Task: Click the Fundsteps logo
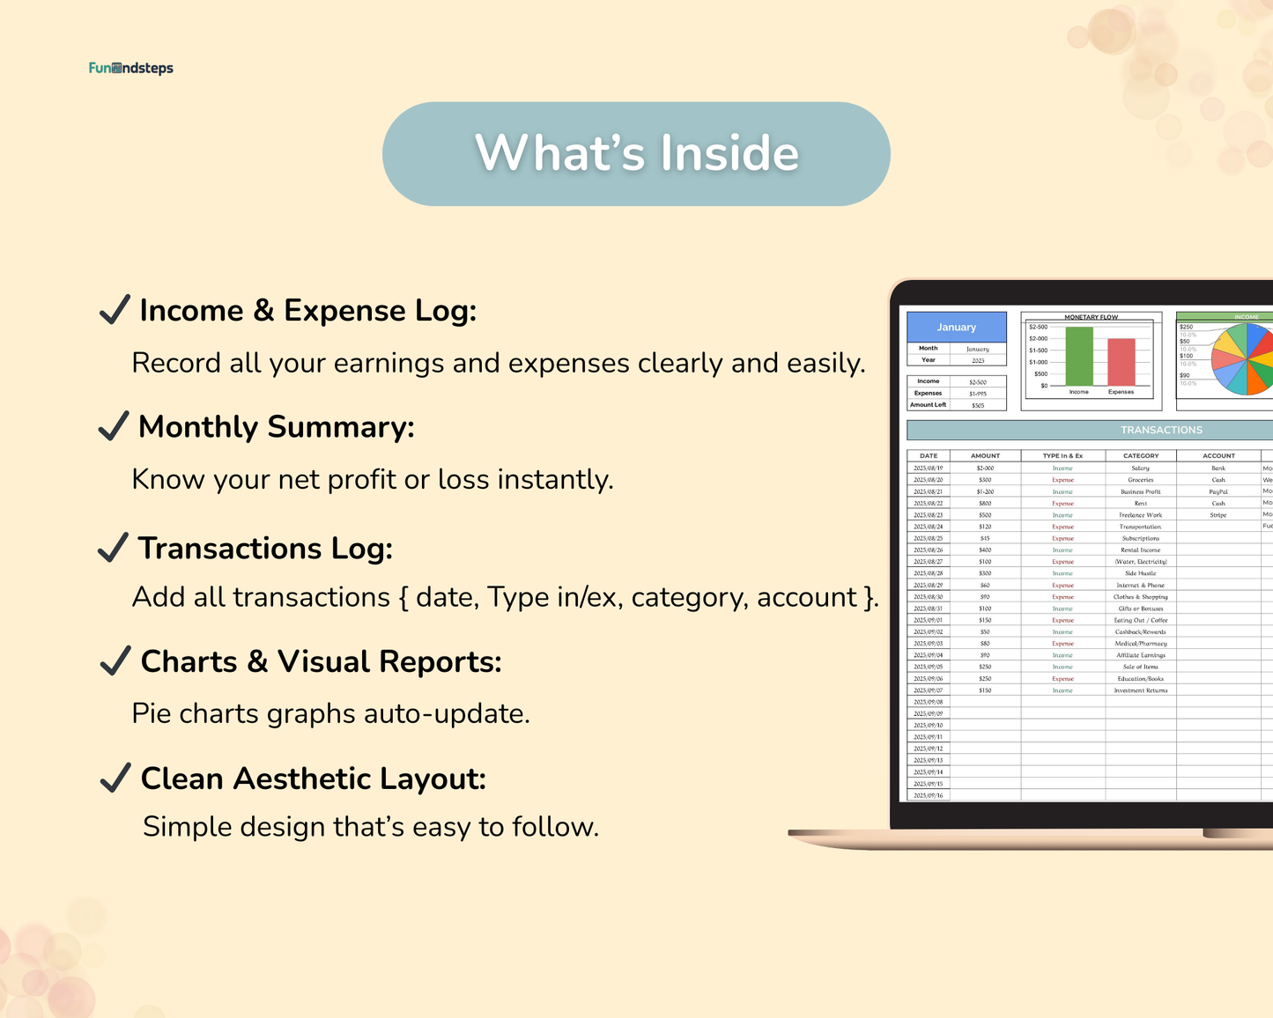coord(130,68)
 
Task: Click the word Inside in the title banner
coord(729,153)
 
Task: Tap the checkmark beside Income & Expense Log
coord(115,310)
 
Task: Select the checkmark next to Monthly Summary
coord(115,426)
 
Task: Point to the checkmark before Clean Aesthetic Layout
coord(115,778)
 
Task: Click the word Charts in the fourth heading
coord(189,662)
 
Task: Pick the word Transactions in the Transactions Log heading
coord(229,549)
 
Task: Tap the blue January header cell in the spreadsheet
coord(957,327)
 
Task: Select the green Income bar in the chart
coord(1079,356)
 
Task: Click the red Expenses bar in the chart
coord(1121,362)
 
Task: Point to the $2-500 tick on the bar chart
coord(1038,327)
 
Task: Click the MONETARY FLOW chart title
coord(1091,317)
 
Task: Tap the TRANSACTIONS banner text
coord(1161,430)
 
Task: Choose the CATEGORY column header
coord(1141,456)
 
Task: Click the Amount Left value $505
coord(978,406)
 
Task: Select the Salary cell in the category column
coord(1140,468)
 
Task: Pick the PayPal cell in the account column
coord(1218,491)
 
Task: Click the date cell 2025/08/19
coord(929,468)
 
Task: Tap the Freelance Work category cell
coord(1140,515)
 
